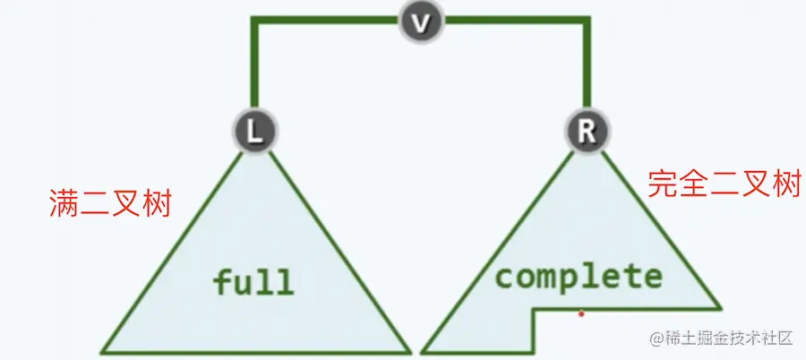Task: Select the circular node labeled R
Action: [x=587, y=131]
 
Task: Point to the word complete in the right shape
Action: [x=579, y=276]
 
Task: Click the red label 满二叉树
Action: [x=108, y=204]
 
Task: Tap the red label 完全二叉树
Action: [x=724, y=184]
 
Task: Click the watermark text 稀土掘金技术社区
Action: [x=724, y=339]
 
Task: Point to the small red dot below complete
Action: [x=581, y=313]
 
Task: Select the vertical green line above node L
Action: [x=256, y=67]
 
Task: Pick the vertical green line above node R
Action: [x=587, y=67]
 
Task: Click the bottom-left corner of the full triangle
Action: [x=101, y=351]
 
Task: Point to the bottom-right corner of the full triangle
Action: [x=409, y=351]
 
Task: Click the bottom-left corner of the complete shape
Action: [x=423, y=351]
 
